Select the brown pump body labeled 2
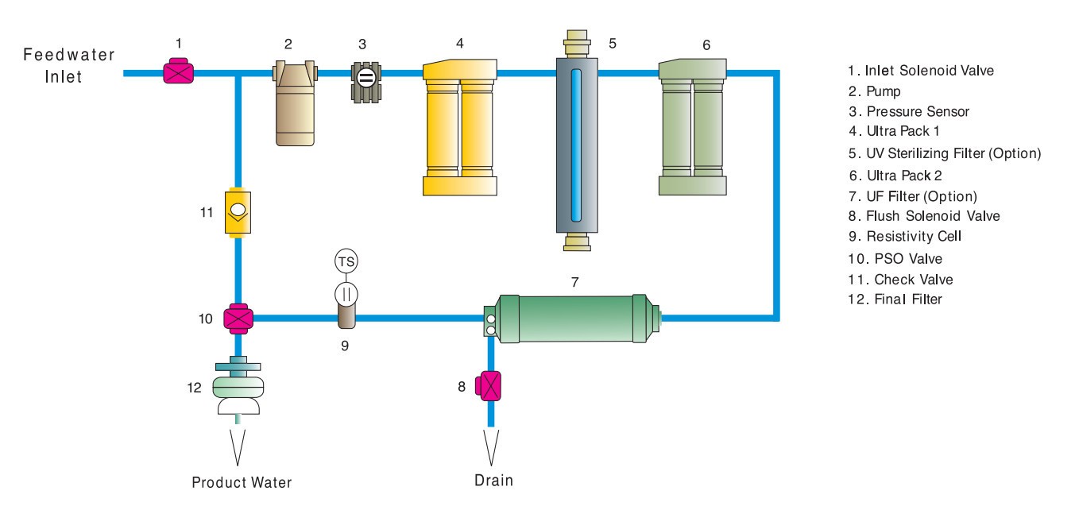[x=296, y=107]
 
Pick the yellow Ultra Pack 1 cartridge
[x=460, y=131]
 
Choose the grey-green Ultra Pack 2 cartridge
[x=693, y=131]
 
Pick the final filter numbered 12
[x=238, y=389]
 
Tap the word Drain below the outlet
[x=494, y=480]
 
